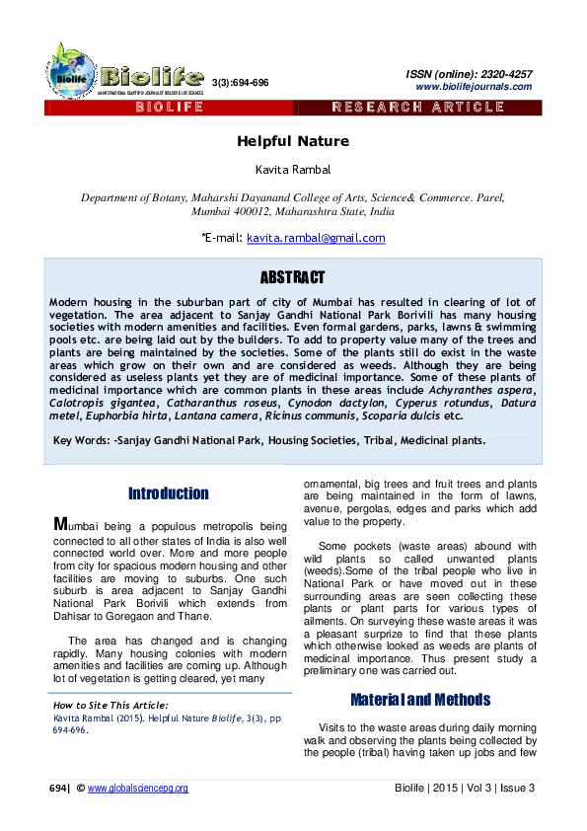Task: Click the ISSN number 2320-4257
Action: tap(504, 74)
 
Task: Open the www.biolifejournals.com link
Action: tap(474, 87)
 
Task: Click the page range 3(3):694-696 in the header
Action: tap(240, 83)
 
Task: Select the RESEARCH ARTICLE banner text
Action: tap(418, 107)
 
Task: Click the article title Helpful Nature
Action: tap(293, 142)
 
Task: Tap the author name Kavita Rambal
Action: tap(293, 170)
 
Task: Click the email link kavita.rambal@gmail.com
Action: tap(316, 238)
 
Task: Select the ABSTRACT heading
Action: tap(292, 278)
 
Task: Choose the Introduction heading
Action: tap(168, 493)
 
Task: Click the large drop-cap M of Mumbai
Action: tap(59, 524)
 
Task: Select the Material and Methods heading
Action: tap(420, 700)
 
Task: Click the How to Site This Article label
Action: tap(110, 706)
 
